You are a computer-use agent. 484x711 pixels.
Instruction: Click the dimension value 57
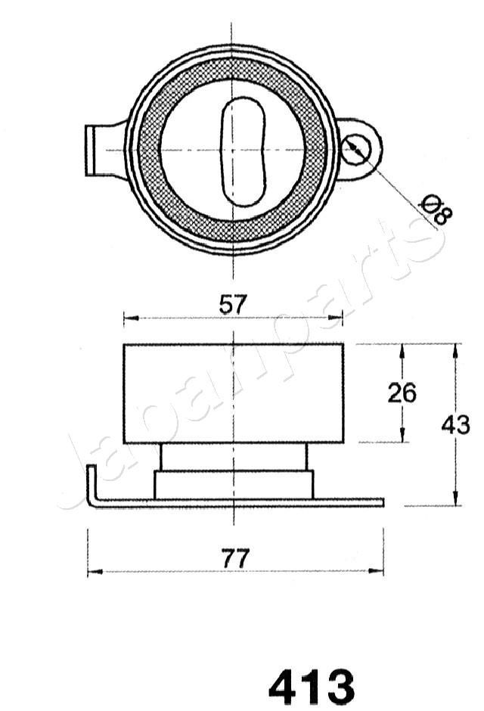(233, 305)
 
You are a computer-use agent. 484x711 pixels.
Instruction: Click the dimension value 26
(402, 393)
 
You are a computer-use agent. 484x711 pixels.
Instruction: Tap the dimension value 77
(235, 559)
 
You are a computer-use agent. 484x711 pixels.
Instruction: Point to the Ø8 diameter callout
(436, 210)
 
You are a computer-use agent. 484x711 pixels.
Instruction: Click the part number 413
(311, 686)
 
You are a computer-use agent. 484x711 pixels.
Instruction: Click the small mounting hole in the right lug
(355, 149)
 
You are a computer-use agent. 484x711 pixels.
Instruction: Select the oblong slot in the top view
(243, 151)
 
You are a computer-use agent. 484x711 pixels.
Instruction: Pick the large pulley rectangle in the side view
(233, 393)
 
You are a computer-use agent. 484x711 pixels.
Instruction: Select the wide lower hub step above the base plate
(233, 484)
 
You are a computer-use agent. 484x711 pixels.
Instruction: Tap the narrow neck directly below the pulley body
(233, 457)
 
